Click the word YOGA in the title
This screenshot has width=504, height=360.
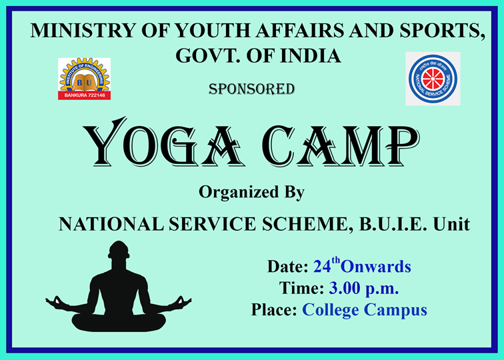point(163,143)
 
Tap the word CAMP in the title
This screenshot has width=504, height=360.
point(341,145)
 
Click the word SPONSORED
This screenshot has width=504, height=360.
point(252,89)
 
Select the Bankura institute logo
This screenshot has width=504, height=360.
point(84,79)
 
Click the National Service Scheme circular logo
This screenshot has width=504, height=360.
point(433,79)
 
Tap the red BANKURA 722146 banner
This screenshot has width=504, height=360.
point(84,95)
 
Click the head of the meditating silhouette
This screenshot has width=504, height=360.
point(119,251)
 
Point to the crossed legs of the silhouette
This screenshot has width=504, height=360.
point(119,321)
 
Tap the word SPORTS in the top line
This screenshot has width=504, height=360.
point(442,31)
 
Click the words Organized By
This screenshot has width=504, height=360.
point(252,193)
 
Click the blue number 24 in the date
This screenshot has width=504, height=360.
point(322,267)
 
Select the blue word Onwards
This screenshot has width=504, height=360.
point(376,267)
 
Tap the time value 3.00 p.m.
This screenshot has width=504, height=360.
point(364,288)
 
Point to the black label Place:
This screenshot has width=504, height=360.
point(274,309)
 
